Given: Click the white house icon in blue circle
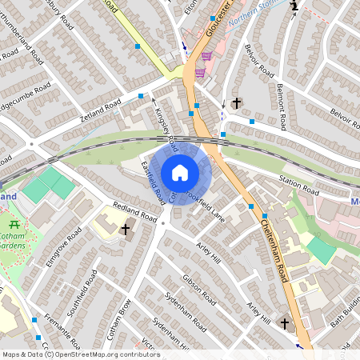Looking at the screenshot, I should [180, 172].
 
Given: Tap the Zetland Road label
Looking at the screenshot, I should [101, 110].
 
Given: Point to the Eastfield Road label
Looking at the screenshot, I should [153, 181].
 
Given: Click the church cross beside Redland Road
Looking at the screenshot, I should [125, 230].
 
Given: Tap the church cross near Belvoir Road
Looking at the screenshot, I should [237, 104].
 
